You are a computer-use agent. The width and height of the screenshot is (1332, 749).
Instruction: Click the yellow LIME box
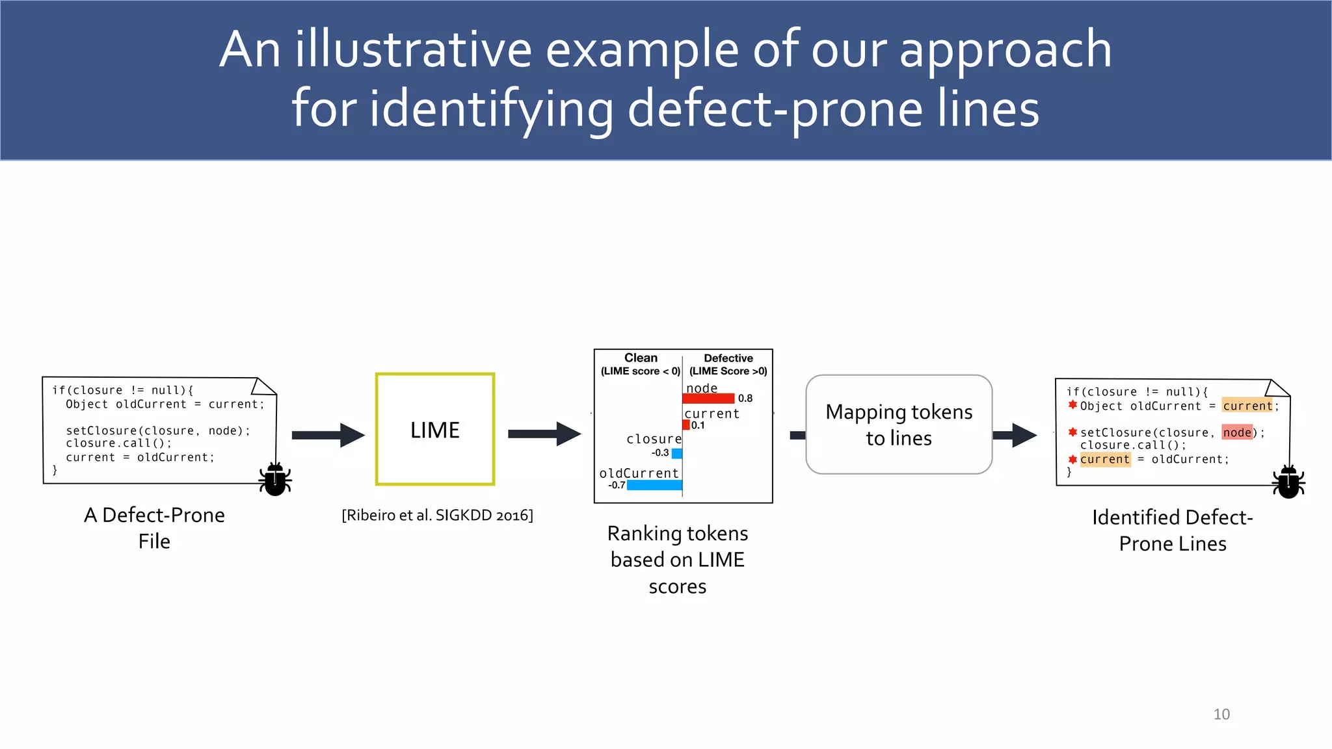pos(435,429)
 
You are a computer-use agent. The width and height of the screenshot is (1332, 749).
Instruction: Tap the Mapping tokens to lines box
pos(899,425)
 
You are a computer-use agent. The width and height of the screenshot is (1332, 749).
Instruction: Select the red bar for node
pos(708,399)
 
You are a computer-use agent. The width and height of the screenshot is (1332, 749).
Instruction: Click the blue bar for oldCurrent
pos(654,485)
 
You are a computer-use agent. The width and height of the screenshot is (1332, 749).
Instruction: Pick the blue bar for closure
pos(677,453)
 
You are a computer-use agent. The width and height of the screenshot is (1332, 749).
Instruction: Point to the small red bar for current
pos(686,425)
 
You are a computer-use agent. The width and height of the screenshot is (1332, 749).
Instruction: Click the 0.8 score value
pos(745,399)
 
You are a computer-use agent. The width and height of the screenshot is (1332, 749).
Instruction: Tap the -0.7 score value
pos(617,485)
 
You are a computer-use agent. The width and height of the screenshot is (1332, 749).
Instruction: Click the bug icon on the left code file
pos(275,480)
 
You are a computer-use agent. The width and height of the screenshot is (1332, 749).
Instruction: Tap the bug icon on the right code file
pos(1288,482)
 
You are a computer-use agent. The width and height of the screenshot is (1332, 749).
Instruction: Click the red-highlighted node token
pos(1237,432)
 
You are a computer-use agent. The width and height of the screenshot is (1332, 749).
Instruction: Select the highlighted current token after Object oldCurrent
pos(1247,406)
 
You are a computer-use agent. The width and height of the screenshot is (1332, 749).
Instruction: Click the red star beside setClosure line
pos(1072,432)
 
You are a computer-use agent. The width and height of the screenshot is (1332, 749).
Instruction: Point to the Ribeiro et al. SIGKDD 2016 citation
pos(437,516)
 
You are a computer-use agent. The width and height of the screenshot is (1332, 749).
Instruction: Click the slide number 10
pos(1221,714)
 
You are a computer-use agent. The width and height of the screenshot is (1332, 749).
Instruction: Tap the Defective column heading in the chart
pos(728,358)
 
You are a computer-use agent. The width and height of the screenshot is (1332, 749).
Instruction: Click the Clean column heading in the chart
pos(641,358)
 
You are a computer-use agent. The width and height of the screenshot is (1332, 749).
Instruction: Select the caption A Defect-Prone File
pos(154,527)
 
